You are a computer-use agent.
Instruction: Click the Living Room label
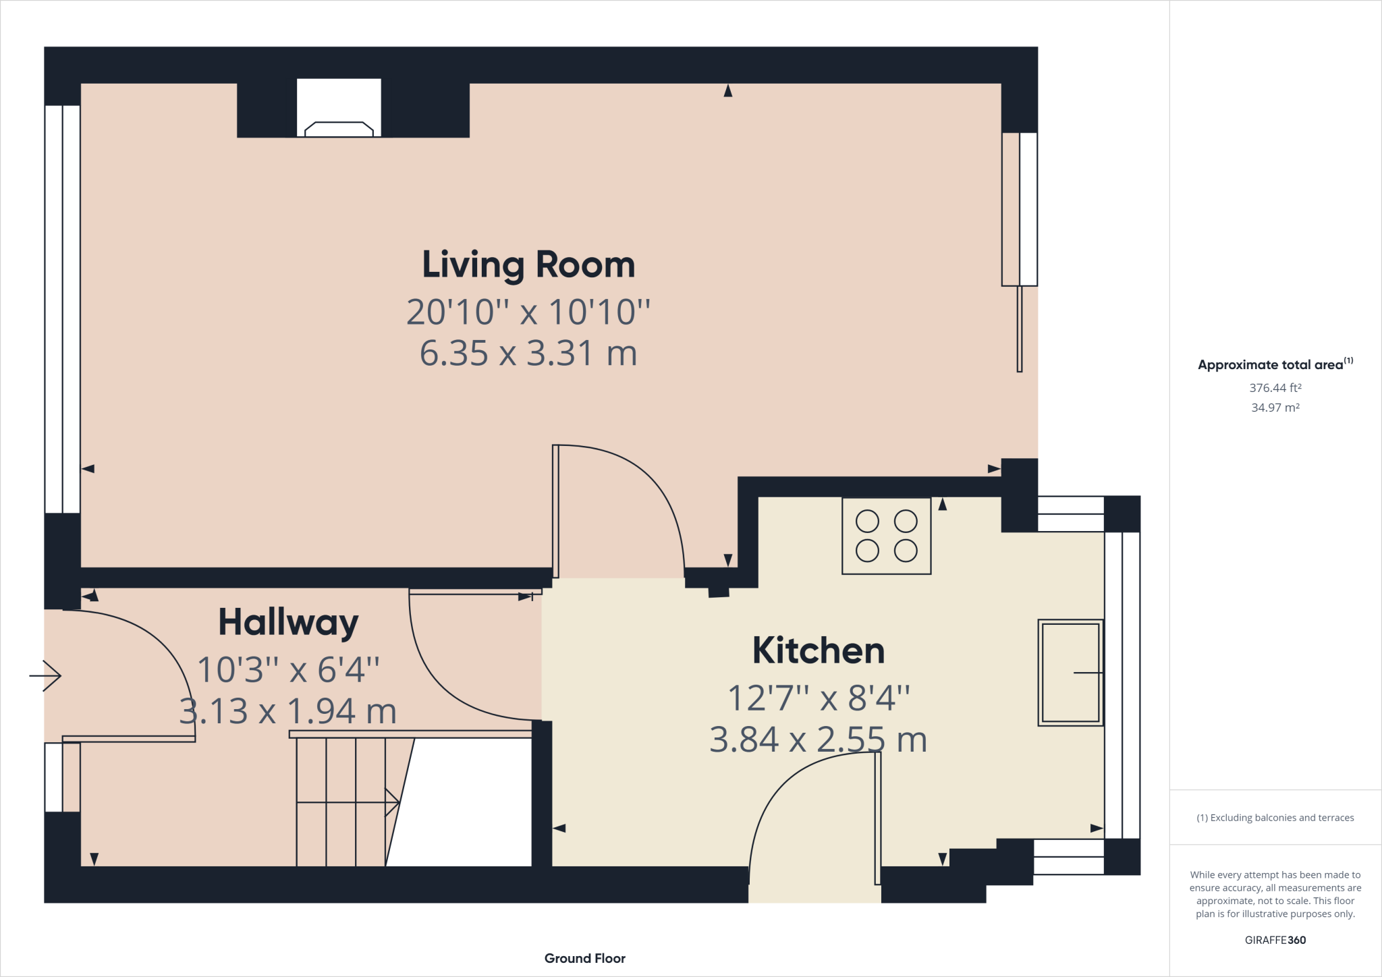coord(528,264)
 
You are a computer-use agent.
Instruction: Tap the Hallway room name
coord(288,622)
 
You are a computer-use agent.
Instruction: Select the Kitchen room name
coord(819,650)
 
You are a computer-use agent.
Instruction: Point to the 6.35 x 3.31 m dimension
coord(528,353)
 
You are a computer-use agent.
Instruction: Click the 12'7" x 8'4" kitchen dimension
coord(819,698)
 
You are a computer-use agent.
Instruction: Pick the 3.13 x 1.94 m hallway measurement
coord(288,711)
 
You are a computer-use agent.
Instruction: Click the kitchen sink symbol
coord(1070,673)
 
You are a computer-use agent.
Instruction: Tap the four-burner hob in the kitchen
coord(887,536)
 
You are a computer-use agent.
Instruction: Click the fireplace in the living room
coord(339,108)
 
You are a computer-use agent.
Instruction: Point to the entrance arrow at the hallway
coord(45,675)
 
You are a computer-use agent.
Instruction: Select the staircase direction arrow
coord(348,802)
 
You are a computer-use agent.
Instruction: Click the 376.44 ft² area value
coord(1275,388)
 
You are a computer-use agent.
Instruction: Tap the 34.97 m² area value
coord(1275,408)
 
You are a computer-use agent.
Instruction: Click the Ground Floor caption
coord(585,958)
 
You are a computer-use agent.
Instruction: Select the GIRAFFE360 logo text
coord(1275,940)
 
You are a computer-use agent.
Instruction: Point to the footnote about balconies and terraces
coord(1275,818)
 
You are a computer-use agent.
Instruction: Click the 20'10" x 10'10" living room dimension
coord(528,312)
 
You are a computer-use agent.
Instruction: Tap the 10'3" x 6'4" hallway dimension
coord(288,669)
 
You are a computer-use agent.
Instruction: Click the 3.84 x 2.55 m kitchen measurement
coord(819,739)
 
